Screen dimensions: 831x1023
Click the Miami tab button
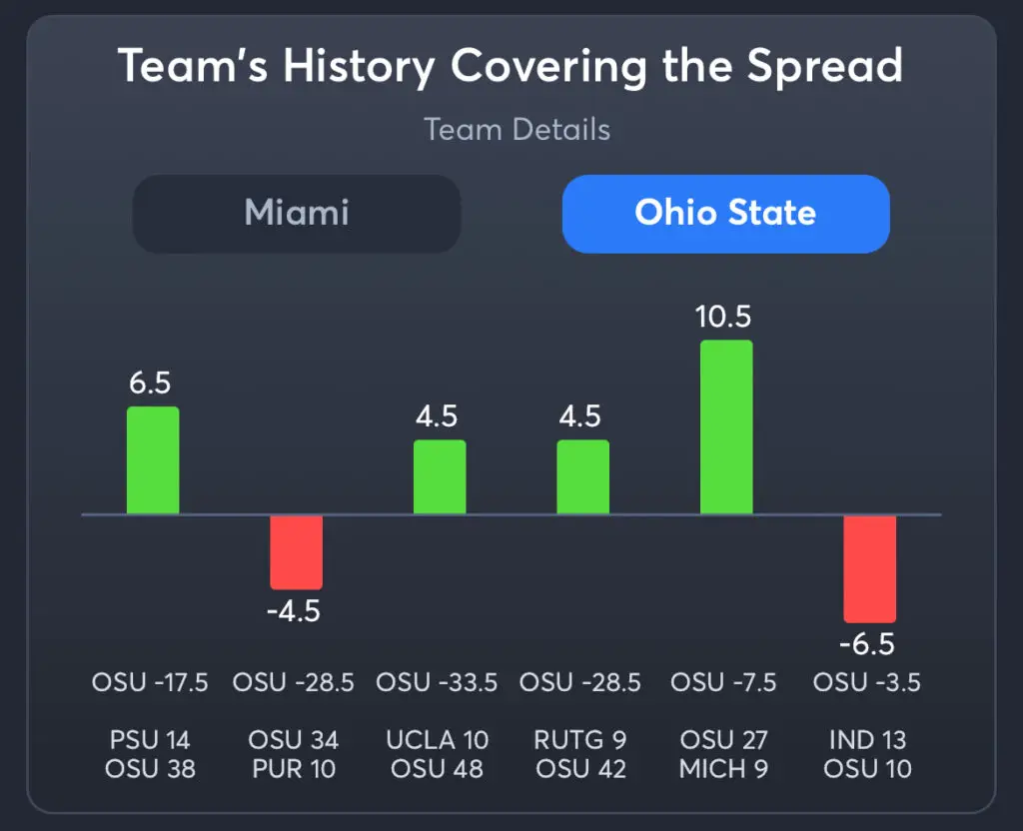(x=297, y=214)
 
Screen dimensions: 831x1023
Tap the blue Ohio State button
(x=725, y=214)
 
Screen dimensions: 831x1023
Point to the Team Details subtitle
(x=516, y=130)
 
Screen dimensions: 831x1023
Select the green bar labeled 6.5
(x=153, y=460)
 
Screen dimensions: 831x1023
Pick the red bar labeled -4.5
(x=296, y=551)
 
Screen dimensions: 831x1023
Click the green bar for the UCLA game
(x=440, y=477)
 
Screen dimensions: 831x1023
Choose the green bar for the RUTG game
(x=582, y=477)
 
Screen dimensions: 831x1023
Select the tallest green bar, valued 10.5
(x=726, y=427)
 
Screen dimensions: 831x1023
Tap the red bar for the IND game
(x=869, y=568)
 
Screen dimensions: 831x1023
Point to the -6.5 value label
(x=866, y=644)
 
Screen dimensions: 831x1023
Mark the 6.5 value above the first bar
(x=151, y=384)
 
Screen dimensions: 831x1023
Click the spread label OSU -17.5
(x=150, y=683)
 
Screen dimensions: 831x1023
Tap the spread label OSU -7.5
(x=725, y=683)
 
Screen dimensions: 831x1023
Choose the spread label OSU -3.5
(x=866, y=683)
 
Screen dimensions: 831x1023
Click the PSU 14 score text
(x=150, y=740)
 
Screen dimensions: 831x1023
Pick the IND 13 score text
(x=867, y=740)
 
